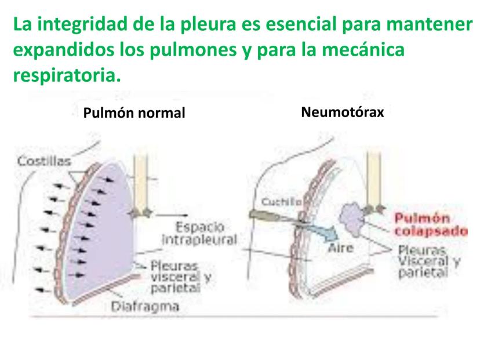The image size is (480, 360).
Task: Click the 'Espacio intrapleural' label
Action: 198,233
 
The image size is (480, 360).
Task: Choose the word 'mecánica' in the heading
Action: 365,50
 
